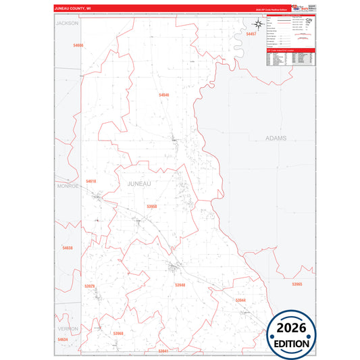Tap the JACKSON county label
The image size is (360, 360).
tap(68, 23)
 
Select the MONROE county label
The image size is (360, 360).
tap(68, 185)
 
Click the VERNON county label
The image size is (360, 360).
tap(68, 328)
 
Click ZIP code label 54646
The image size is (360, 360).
tap(164, 95)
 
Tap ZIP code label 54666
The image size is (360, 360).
tap(78, 45)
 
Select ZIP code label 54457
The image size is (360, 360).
tap(251, 33)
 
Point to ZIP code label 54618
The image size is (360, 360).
tap(91, 181)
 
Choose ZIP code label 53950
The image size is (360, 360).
tap(151, 207)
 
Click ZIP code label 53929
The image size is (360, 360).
tap(90, 286)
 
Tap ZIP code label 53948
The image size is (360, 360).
tap(180, 285)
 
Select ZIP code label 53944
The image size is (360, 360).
tap(240, 299)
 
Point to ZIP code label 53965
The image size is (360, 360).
tap(297, 284)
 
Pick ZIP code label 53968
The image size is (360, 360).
tap(118, 333)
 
